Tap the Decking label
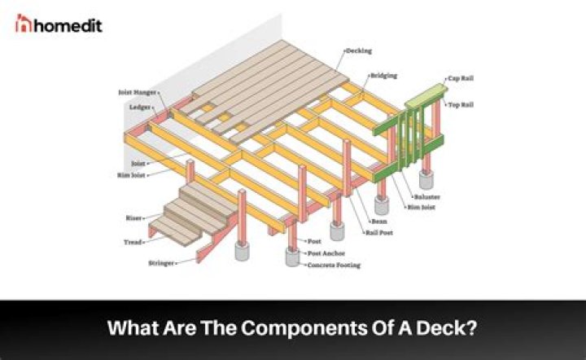[359, 50]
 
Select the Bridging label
[383, 75]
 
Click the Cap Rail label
[458, 79]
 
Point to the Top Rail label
[461, 105]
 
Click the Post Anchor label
[324, 254]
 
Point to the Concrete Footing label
[334, 266]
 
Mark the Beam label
[376, 220]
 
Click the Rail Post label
[381, 232]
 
